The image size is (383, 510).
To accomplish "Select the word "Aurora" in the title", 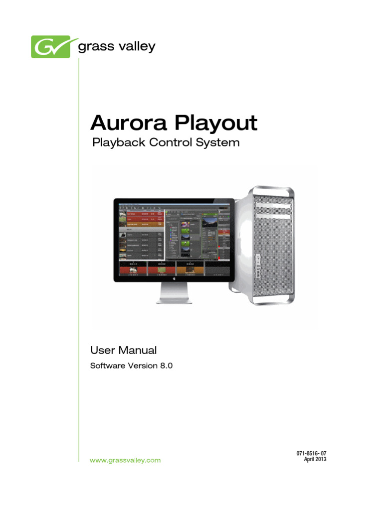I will (x=125, y=123).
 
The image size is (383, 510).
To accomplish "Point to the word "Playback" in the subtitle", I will (x=118, y=143).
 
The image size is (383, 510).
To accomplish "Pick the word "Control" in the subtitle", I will (x=172, y=142).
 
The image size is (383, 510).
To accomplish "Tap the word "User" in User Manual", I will (x=102, y=351).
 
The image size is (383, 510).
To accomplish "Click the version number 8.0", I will (x=166, y=366).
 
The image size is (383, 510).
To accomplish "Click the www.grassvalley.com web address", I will (x=125, y=461).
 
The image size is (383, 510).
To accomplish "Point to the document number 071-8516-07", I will (x=311, y=453).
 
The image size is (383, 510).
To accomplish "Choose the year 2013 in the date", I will (x=319, y=459).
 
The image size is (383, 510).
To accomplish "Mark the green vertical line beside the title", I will (x=79, y=249).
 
